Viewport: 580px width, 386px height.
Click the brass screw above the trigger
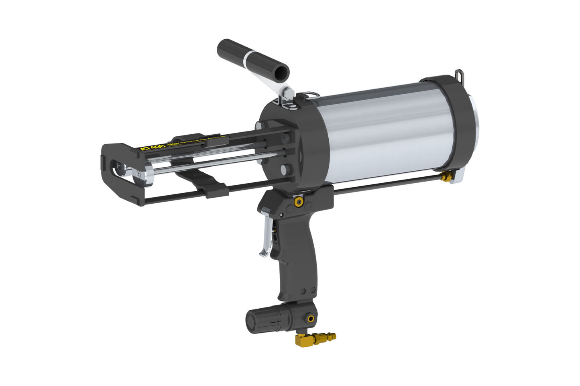[x=298, y=202]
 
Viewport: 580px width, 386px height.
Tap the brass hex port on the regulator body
[x=310, y=319]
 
